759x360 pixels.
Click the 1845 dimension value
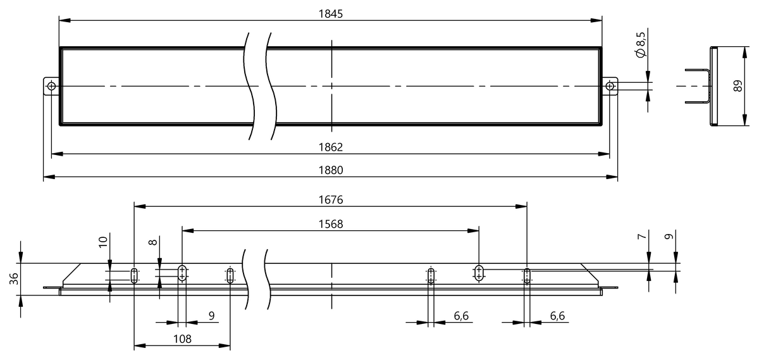pos(330,14)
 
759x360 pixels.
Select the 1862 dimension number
pos(330,147)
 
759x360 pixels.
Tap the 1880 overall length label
pos(330,170)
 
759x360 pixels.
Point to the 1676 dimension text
pos(330,200)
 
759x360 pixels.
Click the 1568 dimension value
pos(330,224)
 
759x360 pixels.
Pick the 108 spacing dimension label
pos(182,339)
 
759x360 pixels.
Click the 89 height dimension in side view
pos(737,85)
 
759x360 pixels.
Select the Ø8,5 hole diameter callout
pos(641,45)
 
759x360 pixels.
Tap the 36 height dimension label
pos(14,278)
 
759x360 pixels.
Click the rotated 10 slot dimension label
pos(103,242)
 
